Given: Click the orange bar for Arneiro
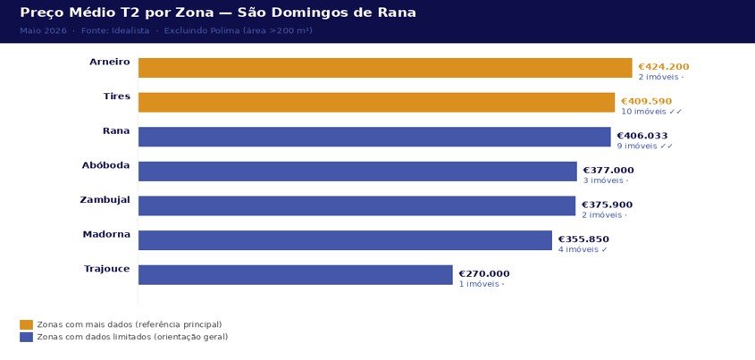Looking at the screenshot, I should tap(384, 68).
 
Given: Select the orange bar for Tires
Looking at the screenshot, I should tap(376, 102).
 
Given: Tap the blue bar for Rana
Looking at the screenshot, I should tap(374, 137).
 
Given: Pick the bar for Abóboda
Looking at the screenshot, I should tap(357, 171).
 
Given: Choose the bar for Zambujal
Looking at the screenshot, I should tap(357, 205).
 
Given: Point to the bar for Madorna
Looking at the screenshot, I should tap(345, 240).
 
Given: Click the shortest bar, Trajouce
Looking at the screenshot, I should tap(295, 274).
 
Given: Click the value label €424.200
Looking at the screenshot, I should tap(663, 66).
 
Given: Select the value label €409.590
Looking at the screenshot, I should tap(646, 101).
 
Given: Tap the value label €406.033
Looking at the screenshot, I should tap(642, 136).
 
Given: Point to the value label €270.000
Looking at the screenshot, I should tap(483, 273).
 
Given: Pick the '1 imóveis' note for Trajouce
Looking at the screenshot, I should tap(482, 284).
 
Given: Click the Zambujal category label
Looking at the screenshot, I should tap(105, 200).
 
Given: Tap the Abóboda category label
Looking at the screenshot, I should tap(105, 165).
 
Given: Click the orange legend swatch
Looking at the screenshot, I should tap(26, 324).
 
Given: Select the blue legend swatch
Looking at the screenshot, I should tap(26, 337).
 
